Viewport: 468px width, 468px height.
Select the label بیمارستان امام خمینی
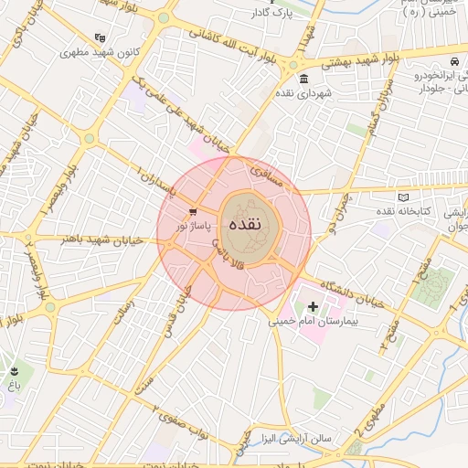314,322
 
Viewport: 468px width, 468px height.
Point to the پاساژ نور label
193,225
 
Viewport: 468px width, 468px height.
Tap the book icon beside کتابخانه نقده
405,197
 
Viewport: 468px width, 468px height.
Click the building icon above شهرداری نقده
303,79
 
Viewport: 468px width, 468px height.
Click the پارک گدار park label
271,14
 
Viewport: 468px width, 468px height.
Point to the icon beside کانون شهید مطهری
99,37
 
